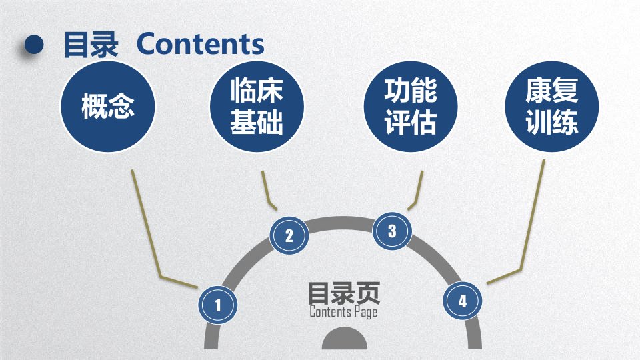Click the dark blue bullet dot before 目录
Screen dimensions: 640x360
34,44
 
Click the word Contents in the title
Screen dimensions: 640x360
201,44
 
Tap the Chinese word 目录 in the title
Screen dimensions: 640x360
91,45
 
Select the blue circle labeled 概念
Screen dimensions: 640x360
108,107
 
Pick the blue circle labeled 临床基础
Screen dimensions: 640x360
257,107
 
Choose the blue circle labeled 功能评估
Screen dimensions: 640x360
411,107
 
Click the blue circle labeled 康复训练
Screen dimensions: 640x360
552,107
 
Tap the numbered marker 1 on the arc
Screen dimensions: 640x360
217,305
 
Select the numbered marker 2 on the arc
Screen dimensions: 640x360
289,235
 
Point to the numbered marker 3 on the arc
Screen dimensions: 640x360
392,231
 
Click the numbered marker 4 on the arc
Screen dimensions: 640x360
463,301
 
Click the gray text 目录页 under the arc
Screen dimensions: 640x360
344,293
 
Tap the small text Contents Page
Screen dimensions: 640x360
343,312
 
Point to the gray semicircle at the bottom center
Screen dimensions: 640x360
345,339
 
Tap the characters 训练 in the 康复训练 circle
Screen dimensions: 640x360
552,121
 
